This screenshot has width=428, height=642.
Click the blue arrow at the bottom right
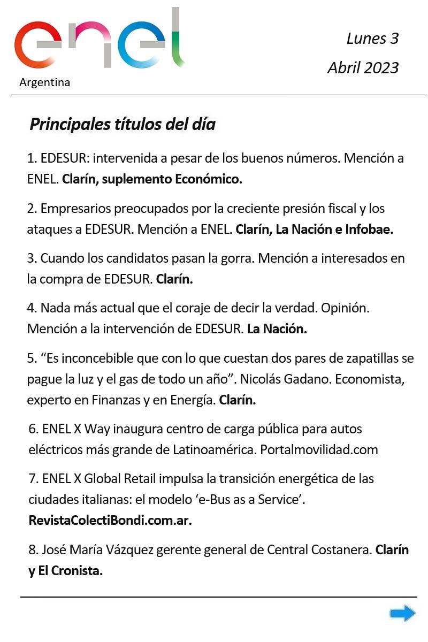point(402,613)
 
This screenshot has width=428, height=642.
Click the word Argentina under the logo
point(44,82)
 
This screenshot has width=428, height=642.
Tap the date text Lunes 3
point(372,39)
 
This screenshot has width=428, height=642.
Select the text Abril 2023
point(363,68)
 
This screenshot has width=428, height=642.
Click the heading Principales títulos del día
point(123,125)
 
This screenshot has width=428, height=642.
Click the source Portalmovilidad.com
point(319,449)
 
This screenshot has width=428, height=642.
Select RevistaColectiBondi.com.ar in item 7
point(110,521)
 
